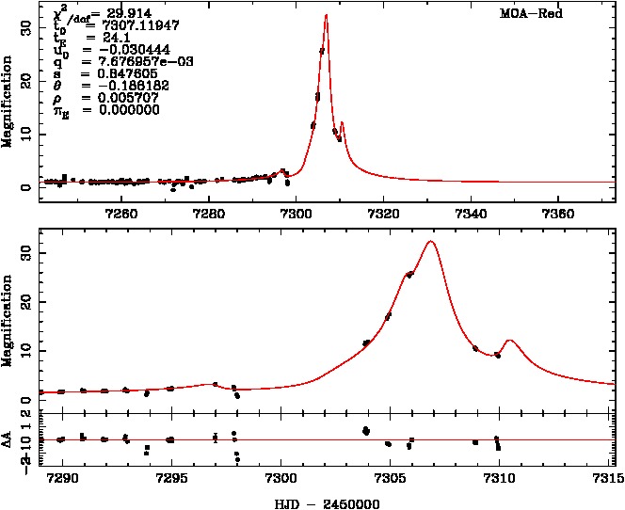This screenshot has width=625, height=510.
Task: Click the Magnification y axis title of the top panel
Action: (8, 104)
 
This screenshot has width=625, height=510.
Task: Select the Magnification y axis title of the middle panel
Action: (8, 319)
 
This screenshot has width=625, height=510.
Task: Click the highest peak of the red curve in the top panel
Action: (326, 16)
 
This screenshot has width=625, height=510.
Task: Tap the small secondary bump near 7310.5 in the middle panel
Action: (509, 340)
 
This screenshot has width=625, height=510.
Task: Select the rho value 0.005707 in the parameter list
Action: (130, 97)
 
